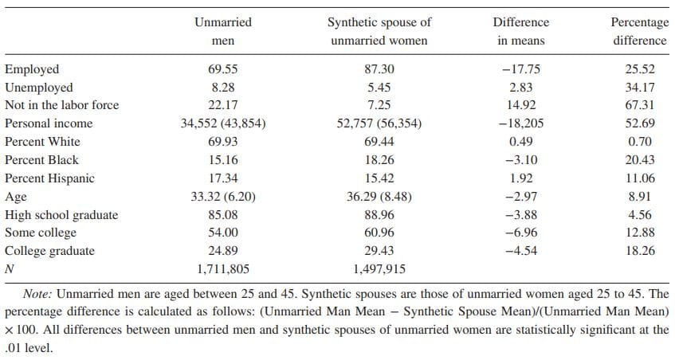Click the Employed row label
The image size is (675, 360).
point(32,69)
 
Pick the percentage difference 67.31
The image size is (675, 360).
point(640,105)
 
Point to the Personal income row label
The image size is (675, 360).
point(49,123)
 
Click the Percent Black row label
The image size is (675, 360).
point(42,160)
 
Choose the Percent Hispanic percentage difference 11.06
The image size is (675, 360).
point(640,178)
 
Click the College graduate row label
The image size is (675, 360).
point(49,251)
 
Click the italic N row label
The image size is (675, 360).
point(9,269)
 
